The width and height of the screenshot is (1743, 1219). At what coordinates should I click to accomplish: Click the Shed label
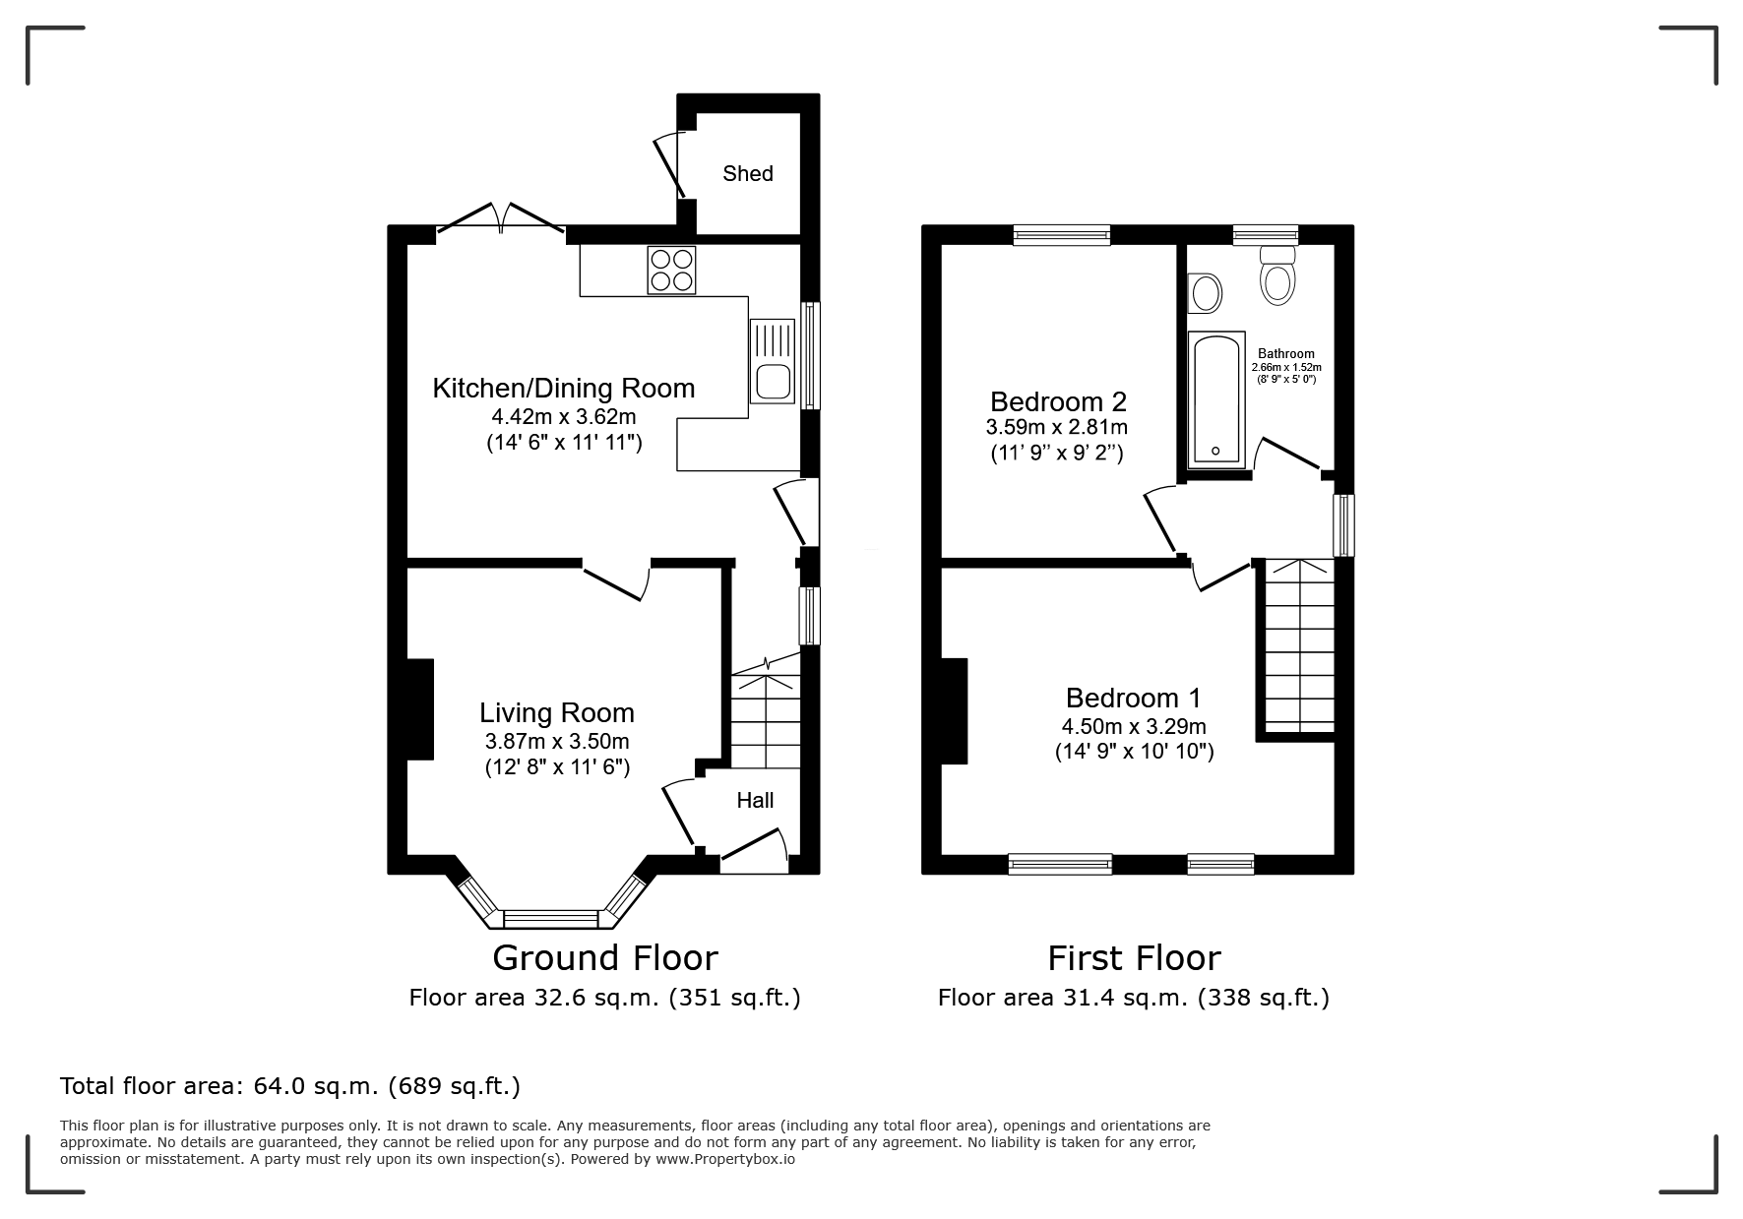[x=748, y=174]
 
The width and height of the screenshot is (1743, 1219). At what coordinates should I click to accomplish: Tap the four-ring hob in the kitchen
[x=671, y=270]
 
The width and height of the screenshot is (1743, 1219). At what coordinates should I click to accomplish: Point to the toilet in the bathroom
[x=1278, y=275]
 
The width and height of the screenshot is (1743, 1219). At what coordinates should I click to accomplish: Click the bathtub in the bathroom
[x=1216, y=398]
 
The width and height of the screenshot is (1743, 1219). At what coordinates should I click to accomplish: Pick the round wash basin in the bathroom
[x=1205, y=292]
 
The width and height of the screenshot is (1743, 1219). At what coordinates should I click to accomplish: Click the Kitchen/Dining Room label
[x=564, y=388]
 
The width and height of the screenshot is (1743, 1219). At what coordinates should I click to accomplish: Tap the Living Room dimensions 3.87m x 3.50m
[x=557, y=742]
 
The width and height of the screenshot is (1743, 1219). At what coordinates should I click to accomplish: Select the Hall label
[x=755, y=801]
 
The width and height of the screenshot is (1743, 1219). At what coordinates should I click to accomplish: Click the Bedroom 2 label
[x=1058, y=401]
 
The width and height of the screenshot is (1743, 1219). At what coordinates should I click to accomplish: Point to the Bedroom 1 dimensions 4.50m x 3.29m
[x=1134, y=727]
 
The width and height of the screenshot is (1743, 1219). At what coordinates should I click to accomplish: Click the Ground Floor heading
[x=605, y=957]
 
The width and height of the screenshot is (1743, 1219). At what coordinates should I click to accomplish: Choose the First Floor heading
[x=1134, y=957]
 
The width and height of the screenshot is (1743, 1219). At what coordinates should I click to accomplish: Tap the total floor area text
[x=290, y=1086]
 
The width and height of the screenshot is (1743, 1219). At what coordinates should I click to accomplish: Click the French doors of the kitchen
[x=501, y=220]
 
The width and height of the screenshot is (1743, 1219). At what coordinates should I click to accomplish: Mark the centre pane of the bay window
[x=551, y=919]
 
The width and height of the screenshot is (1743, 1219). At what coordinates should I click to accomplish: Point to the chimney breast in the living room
[x=420, y=709]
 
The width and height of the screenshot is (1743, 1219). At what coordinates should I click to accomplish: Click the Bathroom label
[x=1286, y=354]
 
